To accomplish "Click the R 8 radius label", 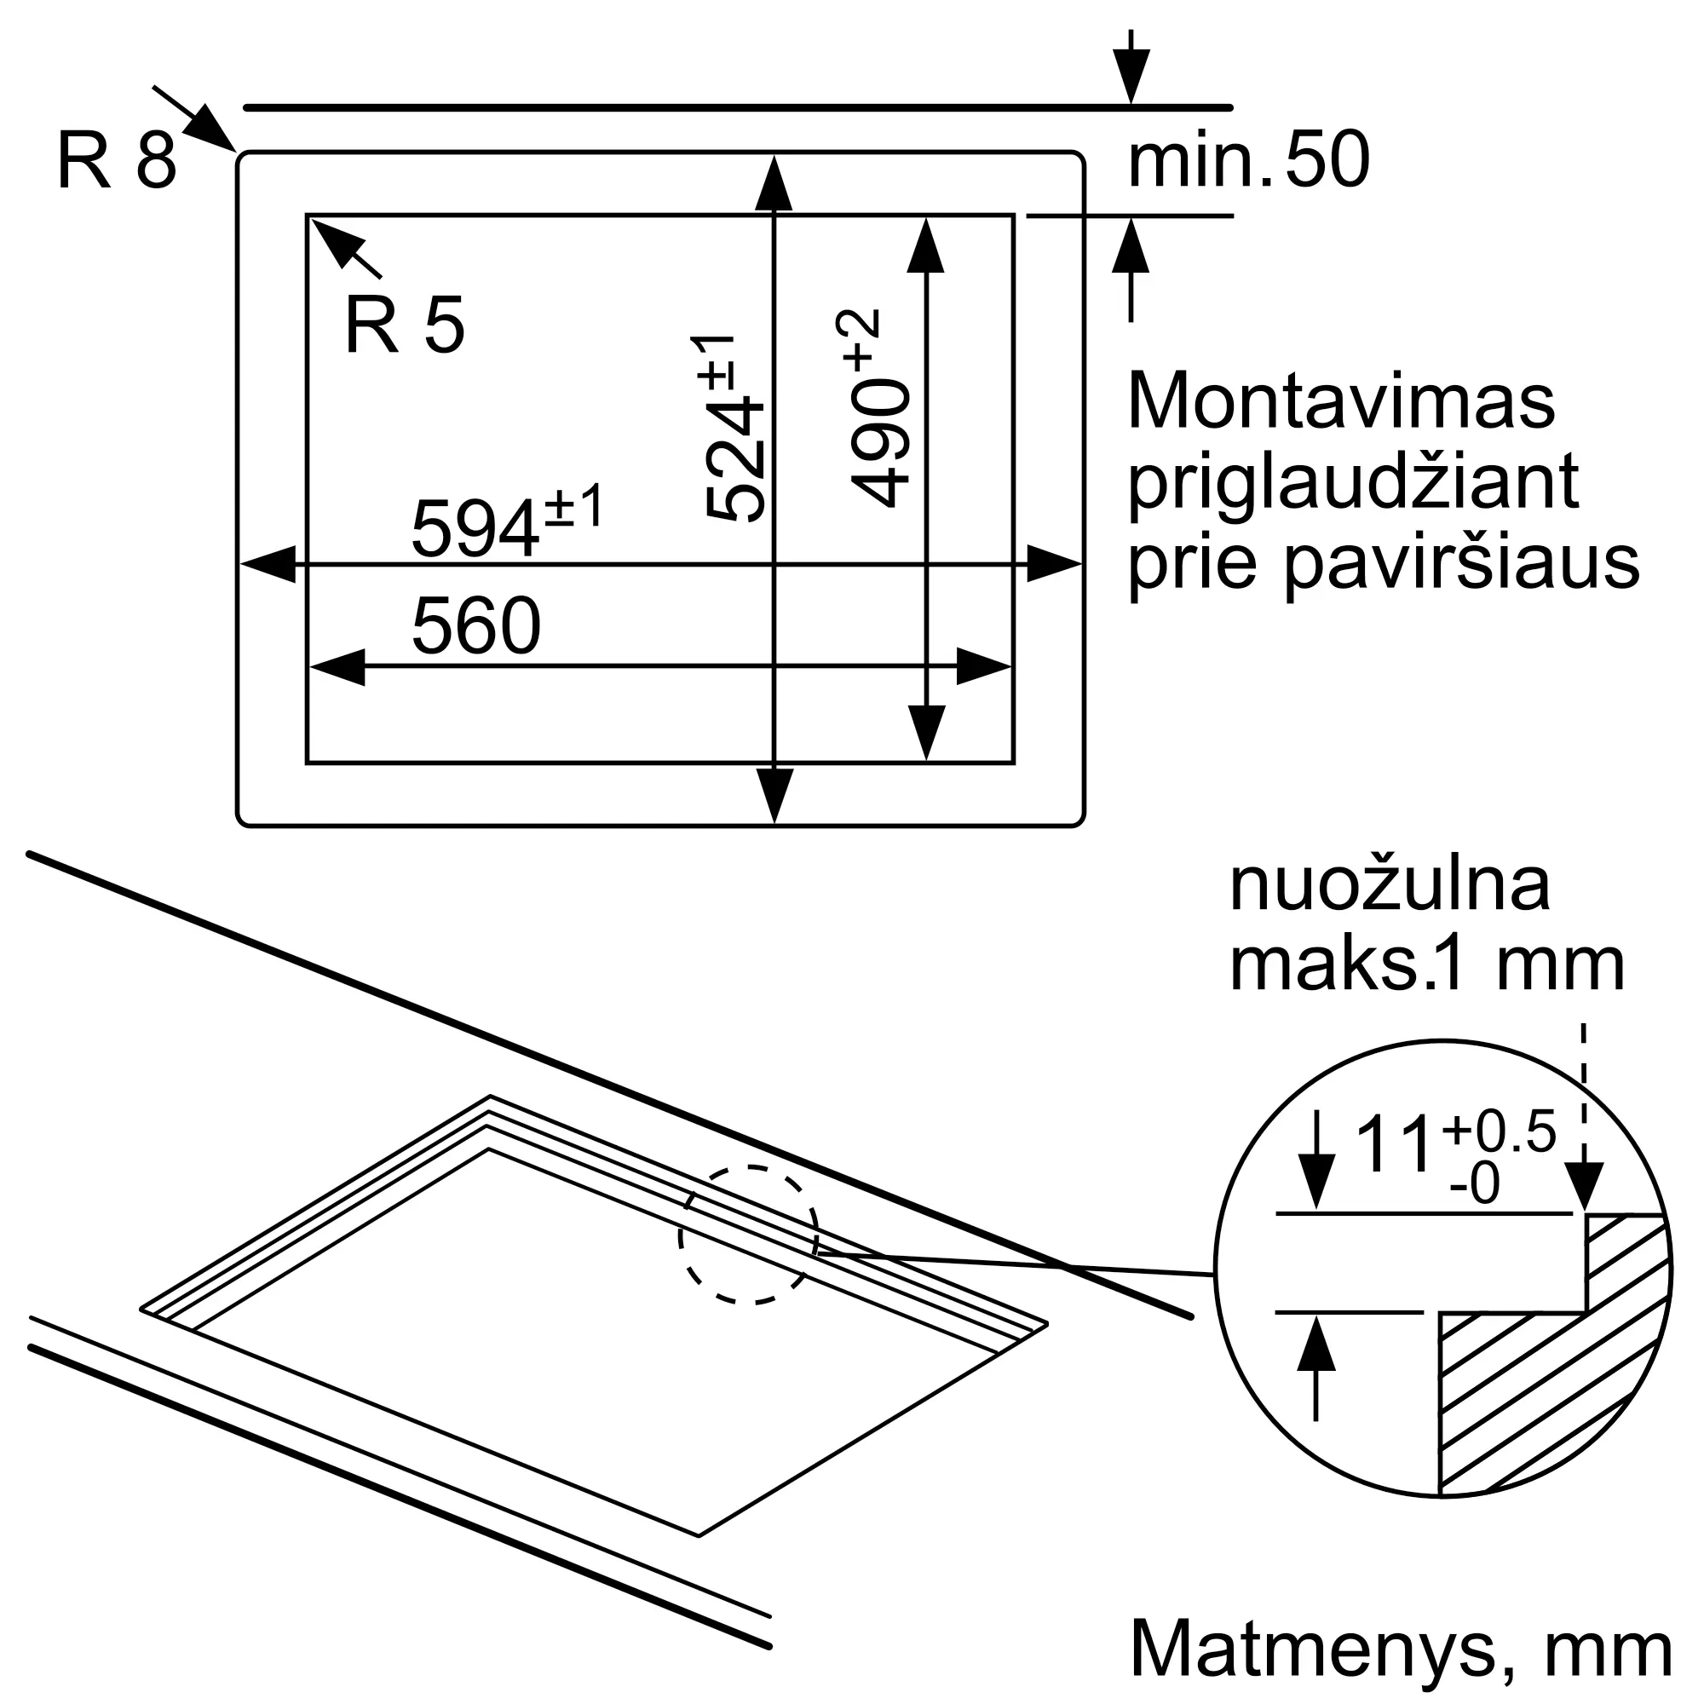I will pyautogui.click(x=117, y=160).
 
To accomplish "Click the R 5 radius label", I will pyautogui.click(x=404, y=325).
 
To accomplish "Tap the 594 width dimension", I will pyautogui.click(x=476, y=528).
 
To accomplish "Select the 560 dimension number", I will pyautogui.click(x=476, y=625).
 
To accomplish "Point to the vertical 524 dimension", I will pyautogui.click(x=733, y=458).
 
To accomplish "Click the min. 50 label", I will pyautogui.click(x=1248, y=160).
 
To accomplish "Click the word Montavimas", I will pyautogui.click(x=1340, y=402).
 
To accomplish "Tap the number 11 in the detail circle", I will pyautogui.click(x=1393, y=1145).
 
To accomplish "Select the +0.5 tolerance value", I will pyautogui.click(x=1500, y=1131).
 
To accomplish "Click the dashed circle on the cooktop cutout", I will pyautogui.click(x=749, y=1234).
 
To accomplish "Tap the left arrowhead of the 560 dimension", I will pyautogui.click(x=337, y=667).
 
